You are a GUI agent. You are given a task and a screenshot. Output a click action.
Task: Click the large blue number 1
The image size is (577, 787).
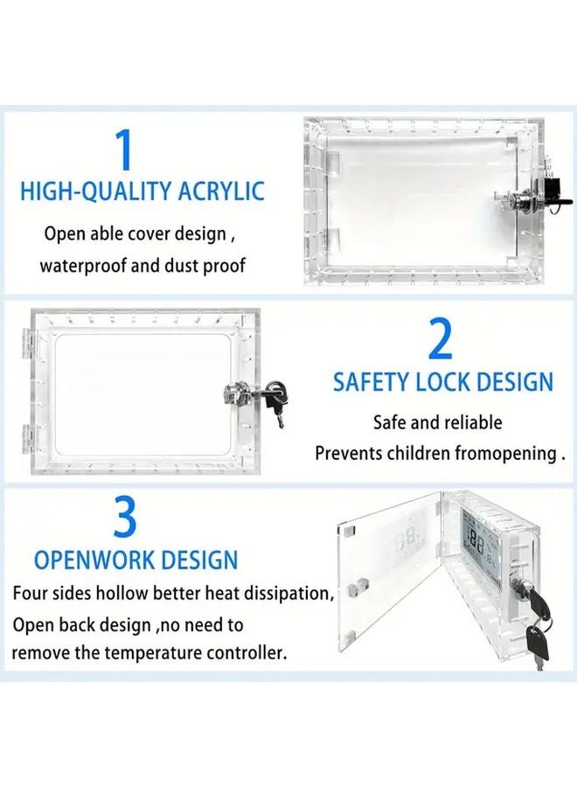(x=126, y=150)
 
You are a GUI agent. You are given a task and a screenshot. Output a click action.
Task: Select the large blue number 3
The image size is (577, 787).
(x=126, y=518)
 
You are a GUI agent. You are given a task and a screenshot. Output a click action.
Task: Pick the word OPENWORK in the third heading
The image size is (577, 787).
(x=97, y=560)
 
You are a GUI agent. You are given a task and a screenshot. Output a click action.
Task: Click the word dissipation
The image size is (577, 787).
(x=288, y=594)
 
